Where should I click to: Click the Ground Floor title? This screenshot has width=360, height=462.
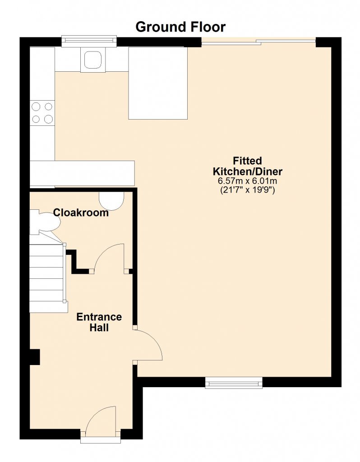pyautogui.click(x=180, y=27)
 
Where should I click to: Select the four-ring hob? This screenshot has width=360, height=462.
pyautogui.click(x=42, y=113)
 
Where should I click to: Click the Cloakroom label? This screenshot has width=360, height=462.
pyautogui.click(x=81, y=213)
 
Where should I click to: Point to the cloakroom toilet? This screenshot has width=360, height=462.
pyautogui.click(x=45, y=222)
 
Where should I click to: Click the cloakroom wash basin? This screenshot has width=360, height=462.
pyautogui.click(x=111, y=201)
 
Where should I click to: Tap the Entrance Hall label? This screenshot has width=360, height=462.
pyautogui.click(x=99, y=322)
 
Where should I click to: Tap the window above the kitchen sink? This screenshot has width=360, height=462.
pyautogui.click(x=89, y=41)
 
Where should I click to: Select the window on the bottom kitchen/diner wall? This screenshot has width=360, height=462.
pyautogui.click(x=234, y=383)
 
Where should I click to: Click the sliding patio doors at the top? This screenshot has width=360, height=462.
pyautogui.click(x=258, y=42)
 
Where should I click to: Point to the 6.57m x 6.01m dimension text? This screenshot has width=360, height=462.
pyautogui.click(x=247, y=180)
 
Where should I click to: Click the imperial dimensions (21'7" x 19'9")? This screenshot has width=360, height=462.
pyautogui.click(x=248, y=190)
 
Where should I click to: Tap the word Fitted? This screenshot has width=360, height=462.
pyautogui.click(x=247, y=161)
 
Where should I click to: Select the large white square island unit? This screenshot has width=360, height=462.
pyautogui.click(x=158, y=83)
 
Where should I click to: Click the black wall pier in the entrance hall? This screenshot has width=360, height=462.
pyautogui.click(x=35, y=357)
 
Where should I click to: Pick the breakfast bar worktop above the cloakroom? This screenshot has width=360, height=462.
pyautogui.click(x=82, y=173)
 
